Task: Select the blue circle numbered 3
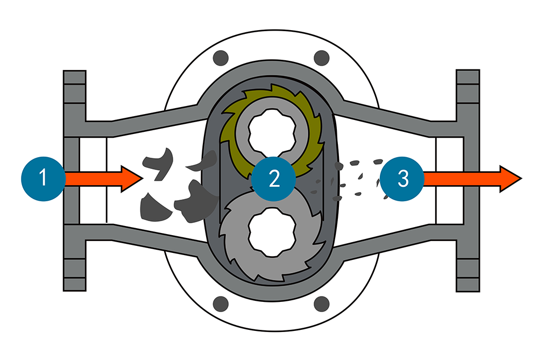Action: pyautogui.click(x=403, y=179)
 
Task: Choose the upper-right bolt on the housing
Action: pyautogui.click(x=321, y=58)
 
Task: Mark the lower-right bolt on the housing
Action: pyautogui.click(x=321, y=302)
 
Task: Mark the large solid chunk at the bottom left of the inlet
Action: pyautogui.click(x=152, y=208)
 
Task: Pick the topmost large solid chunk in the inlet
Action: pyautogui.click(x=157, y=161)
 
